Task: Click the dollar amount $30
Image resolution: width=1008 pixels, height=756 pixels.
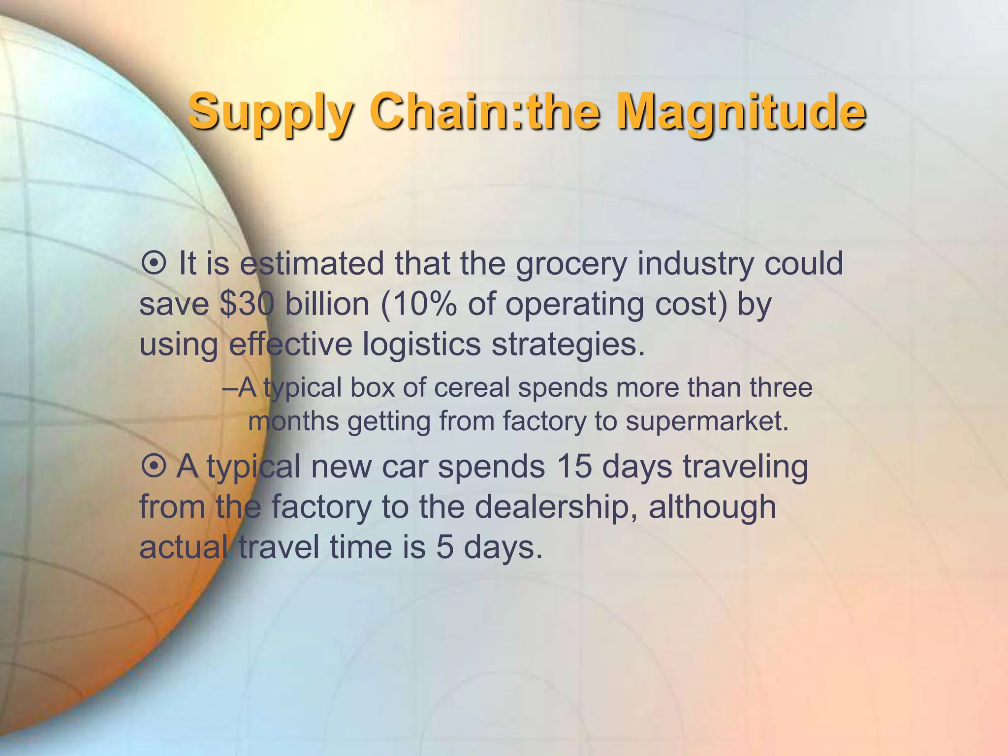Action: (x=247, y=304)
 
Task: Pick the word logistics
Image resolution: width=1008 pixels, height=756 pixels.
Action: (x=421, y=344)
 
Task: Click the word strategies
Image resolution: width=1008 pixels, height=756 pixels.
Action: (x=568, y=344)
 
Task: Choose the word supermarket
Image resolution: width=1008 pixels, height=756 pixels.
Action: (x=707, y=421)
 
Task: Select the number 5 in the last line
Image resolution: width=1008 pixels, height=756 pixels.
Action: (x=444, y=547)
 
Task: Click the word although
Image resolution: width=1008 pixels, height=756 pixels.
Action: (x=712, y=506)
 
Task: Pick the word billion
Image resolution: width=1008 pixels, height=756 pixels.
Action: (x=327, y=304)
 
